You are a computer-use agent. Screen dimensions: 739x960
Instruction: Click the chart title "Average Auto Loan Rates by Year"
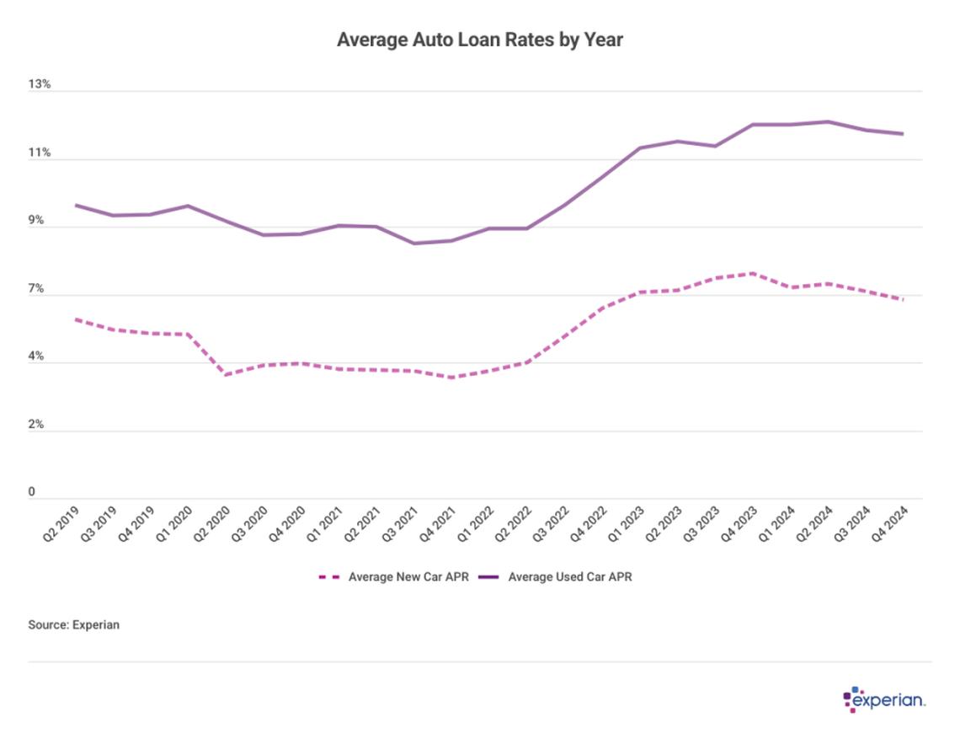click(479, 40)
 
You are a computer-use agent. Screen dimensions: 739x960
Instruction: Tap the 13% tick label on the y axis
click(40, 85)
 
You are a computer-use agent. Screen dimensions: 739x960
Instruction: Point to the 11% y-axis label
click(40, 153)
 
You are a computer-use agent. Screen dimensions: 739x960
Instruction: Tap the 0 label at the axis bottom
click(32, 492)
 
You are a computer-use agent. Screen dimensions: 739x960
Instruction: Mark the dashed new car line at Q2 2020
click(227, 374)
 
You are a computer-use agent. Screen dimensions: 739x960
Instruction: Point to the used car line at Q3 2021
click(413, 244)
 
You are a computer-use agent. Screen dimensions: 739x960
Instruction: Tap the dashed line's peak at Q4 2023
click(752, 273)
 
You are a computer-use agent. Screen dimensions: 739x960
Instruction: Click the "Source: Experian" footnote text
click(74, 625)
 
